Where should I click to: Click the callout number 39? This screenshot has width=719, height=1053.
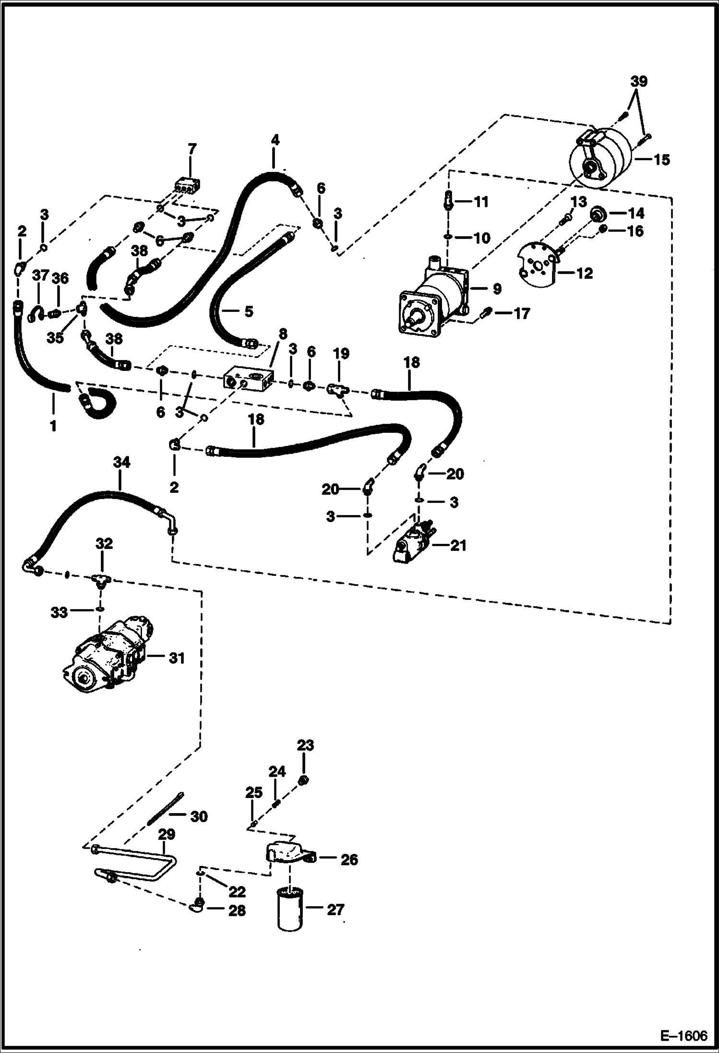coord(639,81)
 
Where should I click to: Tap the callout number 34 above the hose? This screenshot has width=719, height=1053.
coord(121,462)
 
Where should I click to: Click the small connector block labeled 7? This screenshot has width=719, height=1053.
coord(188,185)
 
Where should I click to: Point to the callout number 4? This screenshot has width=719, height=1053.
coord(275,140)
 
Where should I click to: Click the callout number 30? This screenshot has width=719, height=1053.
coord(199,816)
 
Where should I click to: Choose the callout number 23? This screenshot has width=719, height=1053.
coord(305,745)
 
